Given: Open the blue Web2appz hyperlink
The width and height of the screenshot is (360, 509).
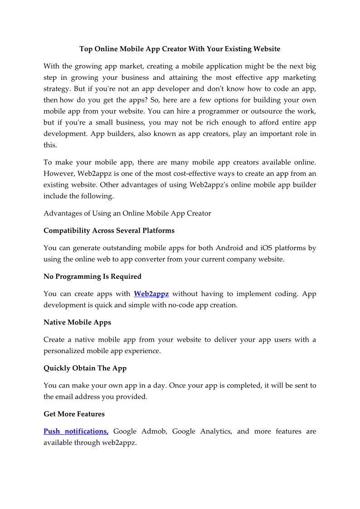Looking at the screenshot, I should (x=151, y=294).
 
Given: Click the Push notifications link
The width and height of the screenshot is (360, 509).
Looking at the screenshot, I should (x=76, y=431).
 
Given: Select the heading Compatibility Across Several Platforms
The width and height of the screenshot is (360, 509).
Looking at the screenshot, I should (x=109, y=231).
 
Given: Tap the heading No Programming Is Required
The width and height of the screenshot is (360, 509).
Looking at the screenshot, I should (x=92, y=276).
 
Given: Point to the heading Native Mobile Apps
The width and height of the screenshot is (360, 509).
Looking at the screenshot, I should (x=77, y=323).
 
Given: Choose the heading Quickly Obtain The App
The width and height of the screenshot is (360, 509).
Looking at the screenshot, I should (x=85, y=368).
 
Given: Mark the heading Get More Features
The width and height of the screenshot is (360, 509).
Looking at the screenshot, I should (x=74, y=414).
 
